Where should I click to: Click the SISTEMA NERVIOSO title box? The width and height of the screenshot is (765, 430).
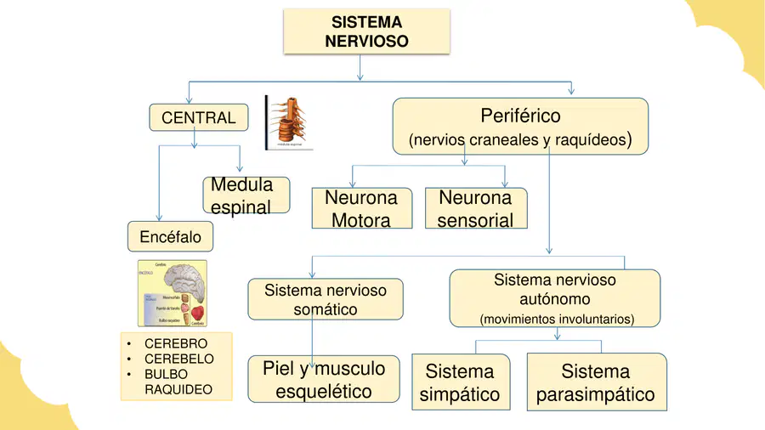(366, 31)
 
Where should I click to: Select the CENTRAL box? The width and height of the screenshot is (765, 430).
(199, 118)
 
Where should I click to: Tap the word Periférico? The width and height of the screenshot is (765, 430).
(520, 115)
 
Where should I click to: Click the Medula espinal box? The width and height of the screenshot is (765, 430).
(246, 195)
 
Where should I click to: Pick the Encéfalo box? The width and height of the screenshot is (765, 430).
(170, 237)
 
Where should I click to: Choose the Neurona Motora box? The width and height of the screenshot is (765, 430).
(361, 209)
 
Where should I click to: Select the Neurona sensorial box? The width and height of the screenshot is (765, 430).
(475, 209)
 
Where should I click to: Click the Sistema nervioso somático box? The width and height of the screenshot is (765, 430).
(325, 300)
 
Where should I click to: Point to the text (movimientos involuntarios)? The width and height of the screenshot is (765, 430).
(557, 320)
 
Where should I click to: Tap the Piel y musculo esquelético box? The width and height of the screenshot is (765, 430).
(324, 379)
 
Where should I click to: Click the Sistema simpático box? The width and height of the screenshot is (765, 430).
(460, 382)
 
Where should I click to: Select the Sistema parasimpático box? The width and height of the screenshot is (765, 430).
(595, 382)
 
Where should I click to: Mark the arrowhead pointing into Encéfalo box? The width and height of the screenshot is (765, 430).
(158, 218)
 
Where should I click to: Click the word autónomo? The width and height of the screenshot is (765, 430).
(554, 299)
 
